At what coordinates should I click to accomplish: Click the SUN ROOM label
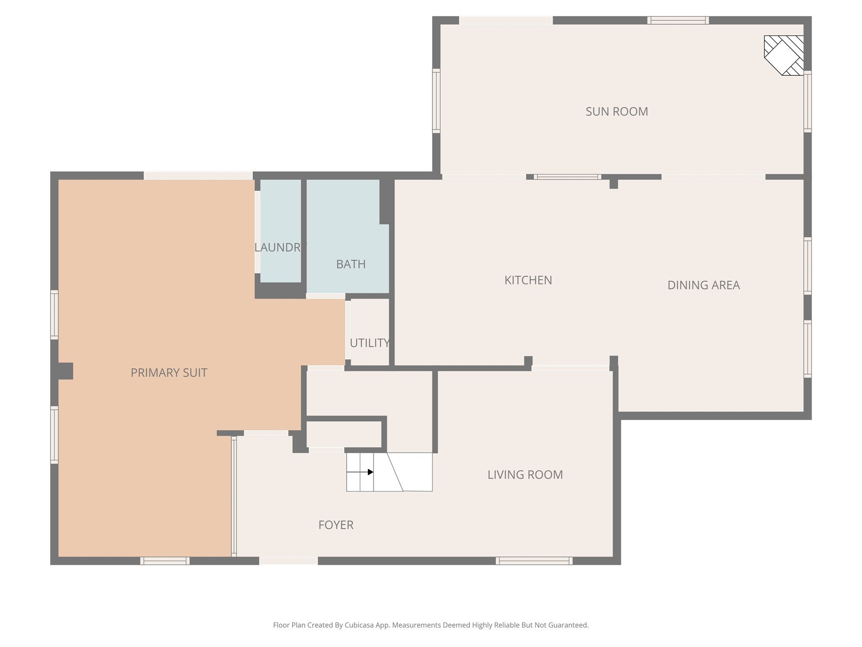(617, 112)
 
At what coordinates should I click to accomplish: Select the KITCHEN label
(528, 280)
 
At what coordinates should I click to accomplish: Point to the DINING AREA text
(703, 285)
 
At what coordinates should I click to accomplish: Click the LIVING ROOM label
(525, 475)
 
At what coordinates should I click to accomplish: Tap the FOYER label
(335, 525)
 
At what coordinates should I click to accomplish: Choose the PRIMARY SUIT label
(169, 373)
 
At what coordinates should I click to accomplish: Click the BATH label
(351, 264)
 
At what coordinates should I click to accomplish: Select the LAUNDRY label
(279, 247)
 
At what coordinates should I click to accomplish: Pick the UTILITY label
(369, 343)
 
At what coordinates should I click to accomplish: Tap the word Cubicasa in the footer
(360, 625)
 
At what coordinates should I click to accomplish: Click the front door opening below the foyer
(288, 561)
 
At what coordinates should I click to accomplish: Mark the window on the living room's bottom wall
(534, 561)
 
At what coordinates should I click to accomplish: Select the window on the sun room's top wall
(678, 20)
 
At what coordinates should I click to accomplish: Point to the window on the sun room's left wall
(436, 101)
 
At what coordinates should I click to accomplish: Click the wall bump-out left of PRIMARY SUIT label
(65, 371)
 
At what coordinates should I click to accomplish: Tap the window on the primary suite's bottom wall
(165, 561)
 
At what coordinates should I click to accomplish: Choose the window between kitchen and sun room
(567, 177)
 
